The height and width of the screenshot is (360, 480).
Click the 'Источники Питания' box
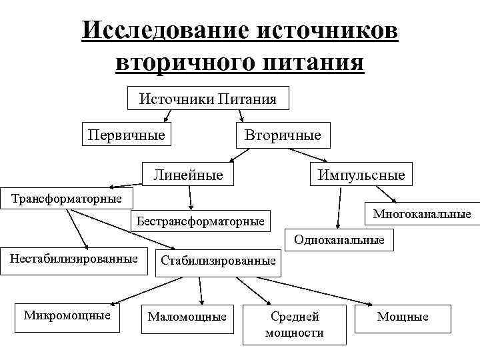[x=207, y=99]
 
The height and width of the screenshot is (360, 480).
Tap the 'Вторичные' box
[x=283, y=135]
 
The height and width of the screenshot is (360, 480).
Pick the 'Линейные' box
[x=188, y=175]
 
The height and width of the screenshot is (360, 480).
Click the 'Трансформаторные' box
[x=66, y=198]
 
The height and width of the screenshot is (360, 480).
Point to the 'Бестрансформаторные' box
[x=200, y=220]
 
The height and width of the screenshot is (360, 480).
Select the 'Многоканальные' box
[x=422, y=214]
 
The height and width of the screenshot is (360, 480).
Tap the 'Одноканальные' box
[x=339, y=239]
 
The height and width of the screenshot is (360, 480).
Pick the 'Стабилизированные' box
[x=218, y=260]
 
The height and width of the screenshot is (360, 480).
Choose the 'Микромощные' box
[x=67, y=315]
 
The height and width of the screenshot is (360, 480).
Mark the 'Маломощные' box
[x=187, y=317]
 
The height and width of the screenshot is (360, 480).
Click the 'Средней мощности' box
[x=295, y=324]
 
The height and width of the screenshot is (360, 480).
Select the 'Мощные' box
[x=403, y=317]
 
